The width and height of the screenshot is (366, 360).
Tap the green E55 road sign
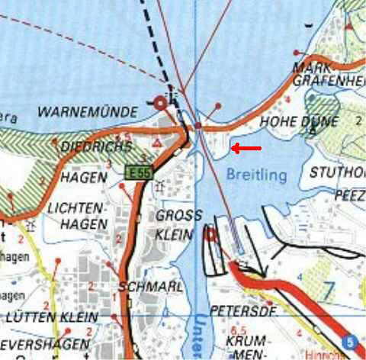(137, 172)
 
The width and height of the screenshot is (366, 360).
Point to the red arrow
(246, 147)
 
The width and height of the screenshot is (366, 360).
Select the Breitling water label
(256, 175)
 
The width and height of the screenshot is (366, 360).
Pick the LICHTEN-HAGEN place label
(75, 214)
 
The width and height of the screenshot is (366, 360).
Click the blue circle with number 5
(349, 342)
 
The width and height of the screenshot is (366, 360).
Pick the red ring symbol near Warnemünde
(160, 103)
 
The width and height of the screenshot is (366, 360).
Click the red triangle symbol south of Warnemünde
(156, 143)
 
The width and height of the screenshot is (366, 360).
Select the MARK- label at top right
(310, 68)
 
